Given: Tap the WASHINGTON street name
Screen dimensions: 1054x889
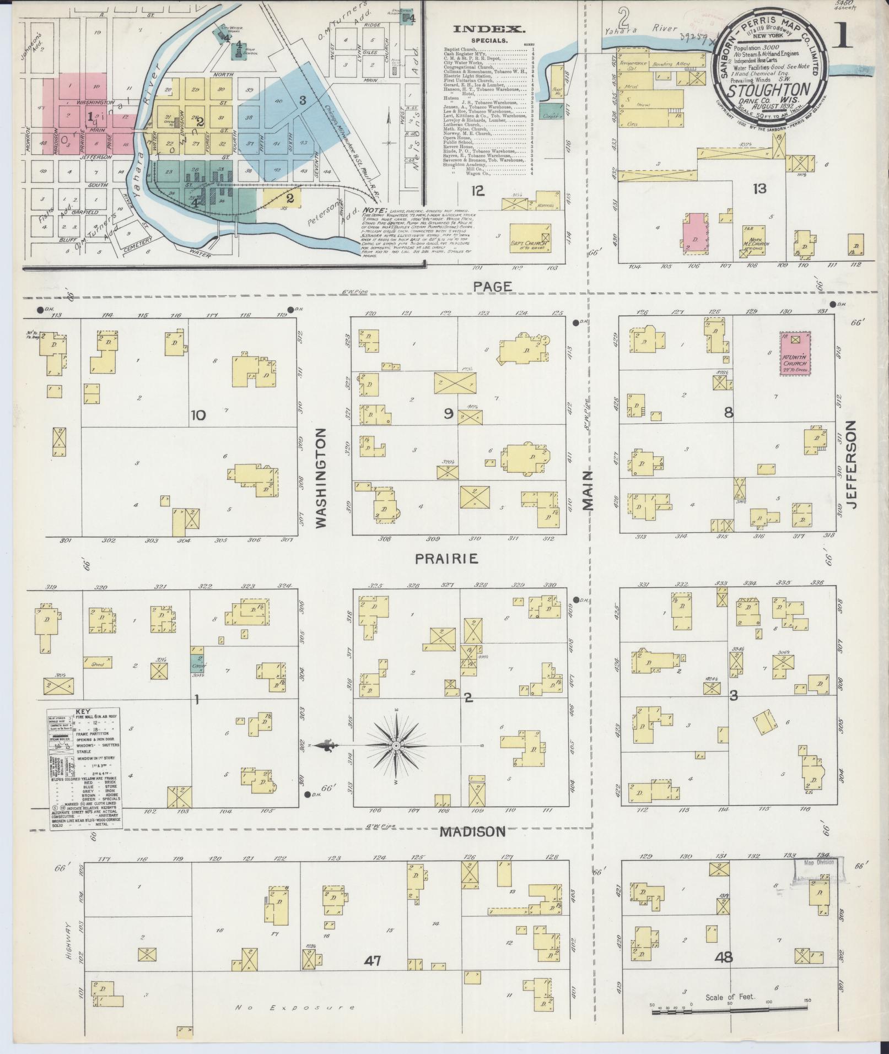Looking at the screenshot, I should click(x=321, y=479).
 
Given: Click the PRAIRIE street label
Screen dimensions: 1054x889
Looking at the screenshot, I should click(x=446, y=559).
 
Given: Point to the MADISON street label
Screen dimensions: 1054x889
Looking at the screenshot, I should click(x=472, y=831).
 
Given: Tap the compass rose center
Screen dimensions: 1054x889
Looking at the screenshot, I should click(x=396, y=745).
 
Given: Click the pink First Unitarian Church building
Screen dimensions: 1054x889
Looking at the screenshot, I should click(x=794, y=353).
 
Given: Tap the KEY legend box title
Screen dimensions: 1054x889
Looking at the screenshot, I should click(x=86, y=711).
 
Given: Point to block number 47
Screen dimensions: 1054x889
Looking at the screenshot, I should click(x=373, y=960).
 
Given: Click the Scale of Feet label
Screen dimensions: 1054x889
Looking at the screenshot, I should click(x=730, y=997).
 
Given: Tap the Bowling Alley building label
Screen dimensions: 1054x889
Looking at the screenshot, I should click(x=671, y=64).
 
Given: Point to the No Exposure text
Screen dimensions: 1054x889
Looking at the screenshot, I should click(x=295, y=1007).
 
